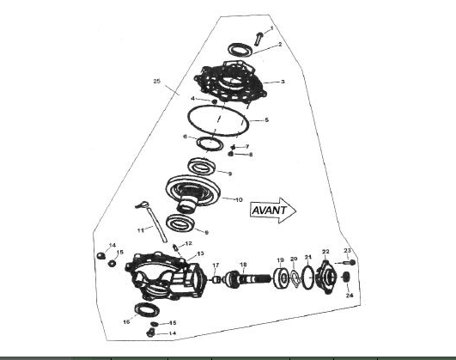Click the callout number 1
pos(272,28)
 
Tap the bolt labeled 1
pos(259,36)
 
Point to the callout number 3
pos(283,82)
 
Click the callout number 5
pos(267,119)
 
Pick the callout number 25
pos(156,81)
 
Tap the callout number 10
pos(239,198)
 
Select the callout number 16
pos(126,321)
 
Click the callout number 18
pos(243,264)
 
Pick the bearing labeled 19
pos(281,278)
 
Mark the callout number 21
pos(308,257)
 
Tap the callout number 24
pos(350,295)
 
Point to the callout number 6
pos(185,137)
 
